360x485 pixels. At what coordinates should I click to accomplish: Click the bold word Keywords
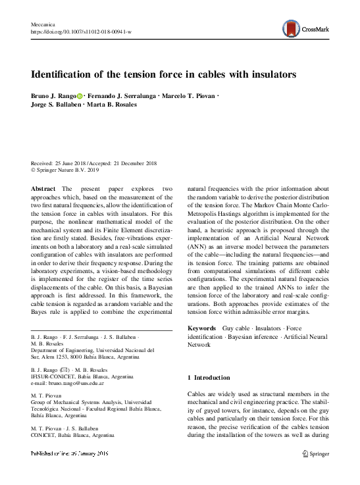pos(203,327)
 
